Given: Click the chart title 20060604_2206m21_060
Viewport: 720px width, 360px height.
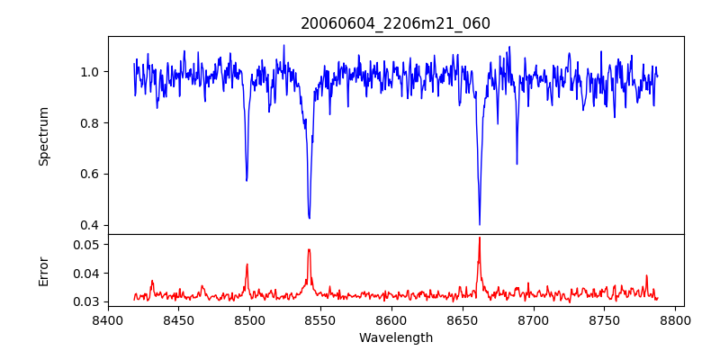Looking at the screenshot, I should tap(395, 23).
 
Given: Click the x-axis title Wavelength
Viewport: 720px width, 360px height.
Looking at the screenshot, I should tap(395, 338).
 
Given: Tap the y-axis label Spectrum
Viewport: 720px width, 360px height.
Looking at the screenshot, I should tap(43, 136).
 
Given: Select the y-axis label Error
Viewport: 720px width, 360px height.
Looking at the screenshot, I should tap(43, 270).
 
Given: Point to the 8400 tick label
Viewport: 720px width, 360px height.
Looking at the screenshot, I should tap(108, 319).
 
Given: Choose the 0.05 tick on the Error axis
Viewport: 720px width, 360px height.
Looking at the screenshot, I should tap(89, 245).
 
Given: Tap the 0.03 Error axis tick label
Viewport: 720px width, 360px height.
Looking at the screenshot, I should tap(89, 301).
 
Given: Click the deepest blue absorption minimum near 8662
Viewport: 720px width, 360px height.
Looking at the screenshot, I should tap(480, 224).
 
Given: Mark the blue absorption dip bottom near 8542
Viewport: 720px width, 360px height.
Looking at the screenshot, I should tap(310, 218).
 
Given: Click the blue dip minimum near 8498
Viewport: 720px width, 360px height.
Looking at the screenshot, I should tap(247, 180).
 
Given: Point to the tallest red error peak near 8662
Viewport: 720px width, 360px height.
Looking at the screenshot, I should tap(480, 238).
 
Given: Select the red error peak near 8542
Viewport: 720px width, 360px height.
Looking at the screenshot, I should tap(309, 249).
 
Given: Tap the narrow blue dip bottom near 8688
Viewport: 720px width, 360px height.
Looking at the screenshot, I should tap(517, 164).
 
